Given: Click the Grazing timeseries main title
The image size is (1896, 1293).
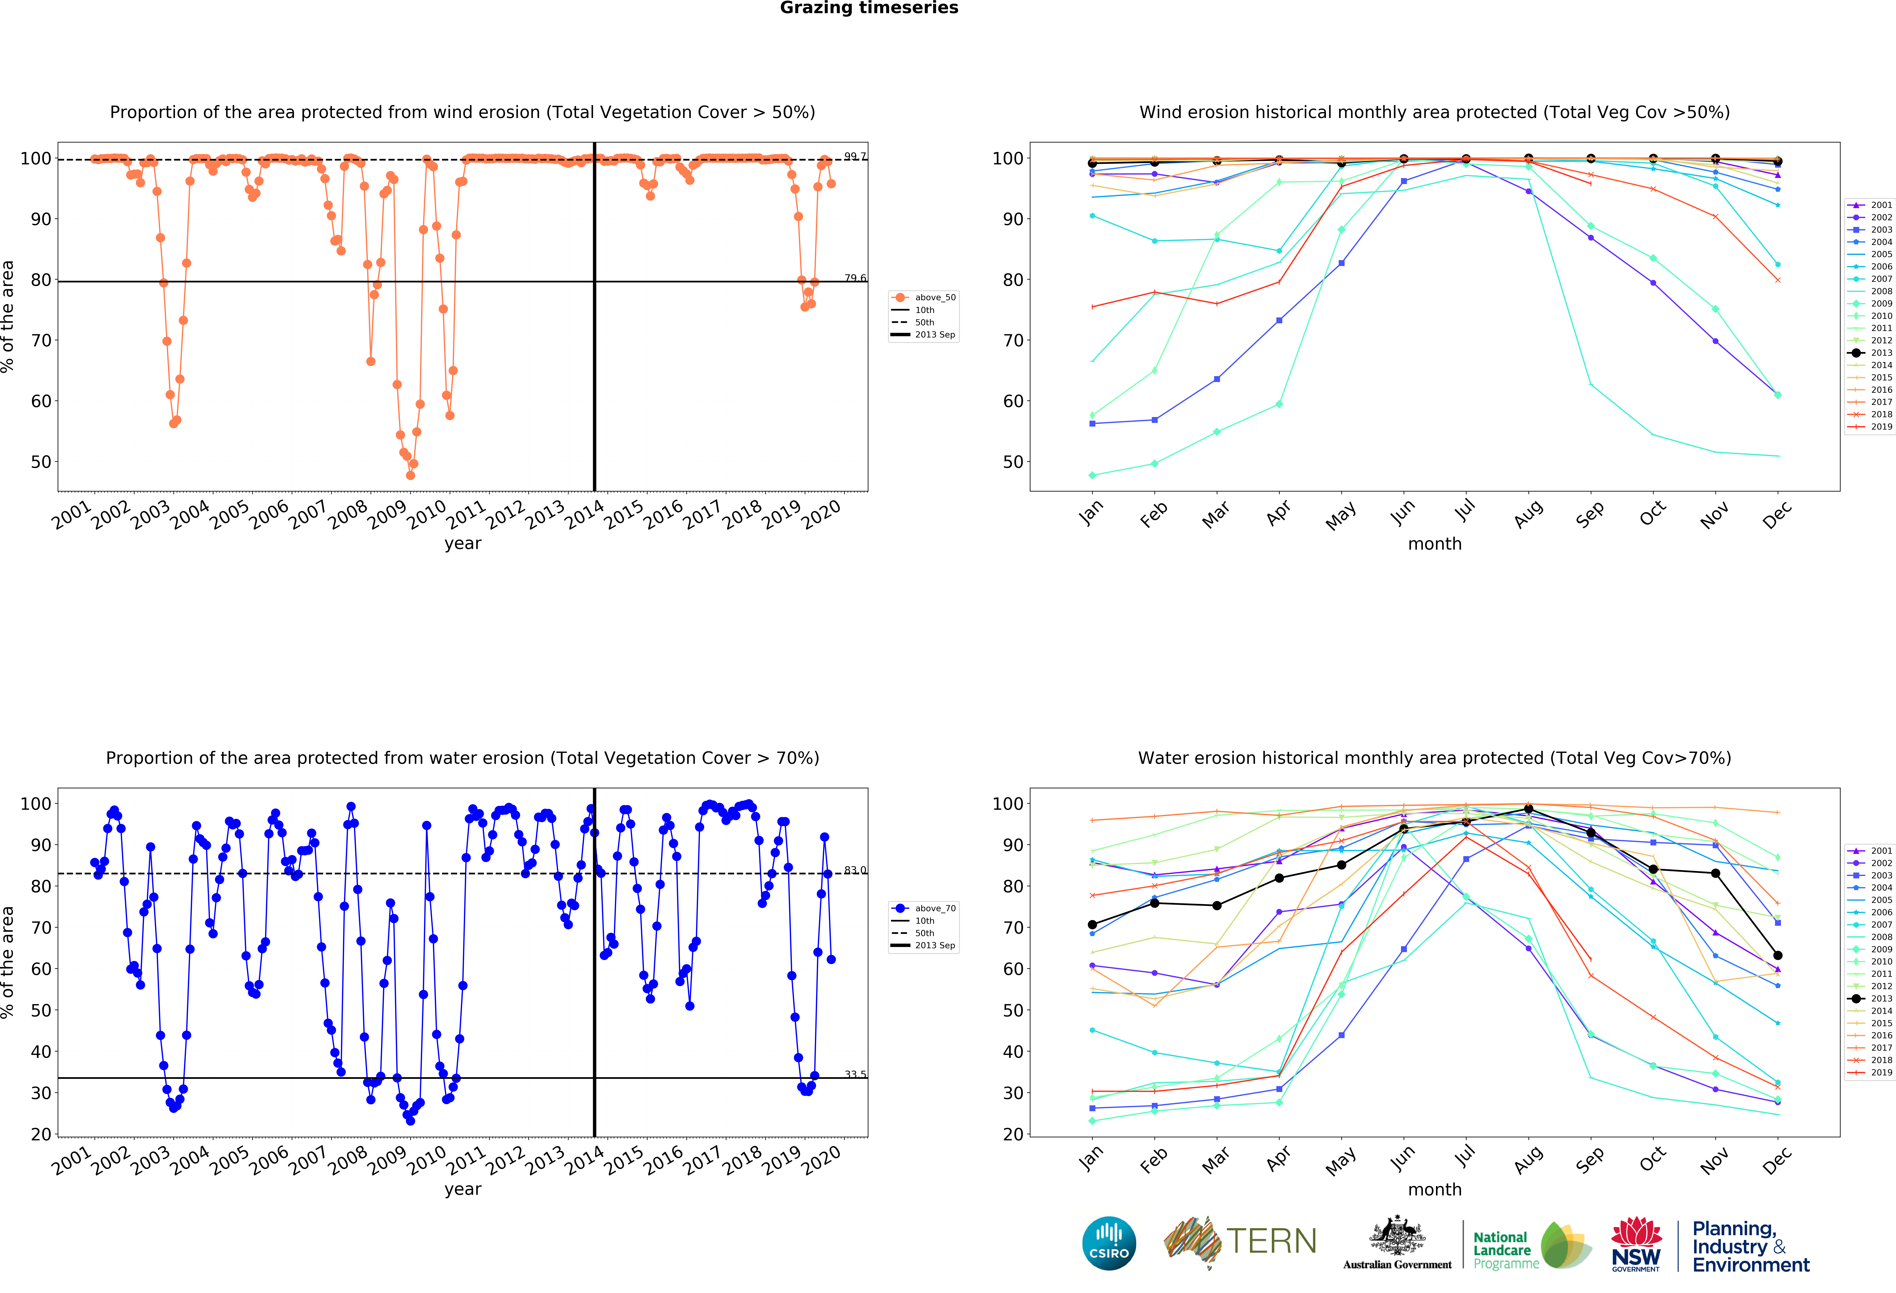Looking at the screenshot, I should [869, 8].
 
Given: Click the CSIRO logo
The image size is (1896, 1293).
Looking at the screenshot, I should [1109, 1243].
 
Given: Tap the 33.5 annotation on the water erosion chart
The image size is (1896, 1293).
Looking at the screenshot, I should [855, 1074].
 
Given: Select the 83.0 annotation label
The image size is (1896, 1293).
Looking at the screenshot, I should [855, 870].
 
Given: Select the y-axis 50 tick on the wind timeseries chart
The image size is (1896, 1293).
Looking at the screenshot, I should [41, 462].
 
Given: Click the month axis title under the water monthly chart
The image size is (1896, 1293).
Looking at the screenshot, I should [1434, 1189].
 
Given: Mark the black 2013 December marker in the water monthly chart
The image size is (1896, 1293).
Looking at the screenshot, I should [1778, 955].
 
